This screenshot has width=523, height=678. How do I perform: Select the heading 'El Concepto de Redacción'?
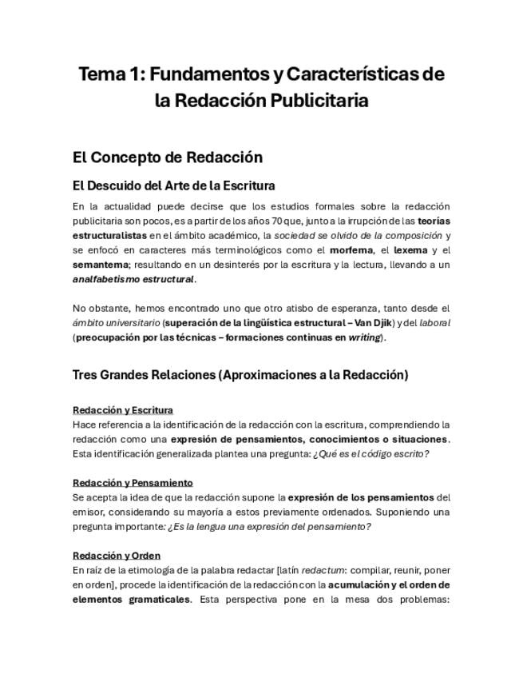(167, 157)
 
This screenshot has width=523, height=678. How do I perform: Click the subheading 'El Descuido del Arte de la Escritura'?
(173, 185)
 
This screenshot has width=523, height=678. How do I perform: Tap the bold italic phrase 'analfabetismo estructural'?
(133, 279)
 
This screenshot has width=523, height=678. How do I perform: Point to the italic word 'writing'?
(363, 337)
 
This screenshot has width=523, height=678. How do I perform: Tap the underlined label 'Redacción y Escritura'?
(122, 410)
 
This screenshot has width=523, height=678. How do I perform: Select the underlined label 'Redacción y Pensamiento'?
(132, 482)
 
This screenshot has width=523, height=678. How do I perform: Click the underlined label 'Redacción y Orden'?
(116, 555)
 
